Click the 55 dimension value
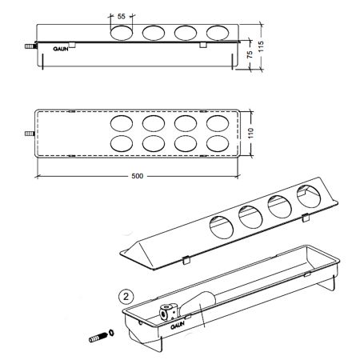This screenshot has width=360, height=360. tap(121, 17)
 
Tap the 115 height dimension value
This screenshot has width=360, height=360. tap(261, 46)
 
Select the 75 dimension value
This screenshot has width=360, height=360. tap(250, 54)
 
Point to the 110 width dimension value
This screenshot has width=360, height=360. tap(250, 133)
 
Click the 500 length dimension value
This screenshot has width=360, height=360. tap(138, 176)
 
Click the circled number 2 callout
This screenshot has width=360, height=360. tap(126, 297)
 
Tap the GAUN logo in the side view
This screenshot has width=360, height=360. tap(61, 49)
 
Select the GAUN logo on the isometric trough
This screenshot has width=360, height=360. tap(178, 326)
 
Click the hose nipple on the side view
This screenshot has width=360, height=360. tap(30, 46)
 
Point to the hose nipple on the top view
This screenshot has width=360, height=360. tap(30, 134)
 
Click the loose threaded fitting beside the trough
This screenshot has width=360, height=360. tap(97, 338)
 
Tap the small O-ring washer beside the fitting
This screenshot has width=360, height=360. tap(111, 333)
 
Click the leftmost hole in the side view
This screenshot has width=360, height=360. tap(122, 33)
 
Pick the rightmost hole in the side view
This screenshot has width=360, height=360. tap(218, 33)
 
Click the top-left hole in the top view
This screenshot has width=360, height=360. tap(122, 123)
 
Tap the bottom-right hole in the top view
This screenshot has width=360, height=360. tap(218, 143)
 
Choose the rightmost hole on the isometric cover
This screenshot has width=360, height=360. tap(309, 196)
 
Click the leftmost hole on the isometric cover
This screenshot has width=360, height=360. tap(222, 227)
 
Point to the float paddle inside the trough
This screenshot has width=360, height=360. tap(198, 303)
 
